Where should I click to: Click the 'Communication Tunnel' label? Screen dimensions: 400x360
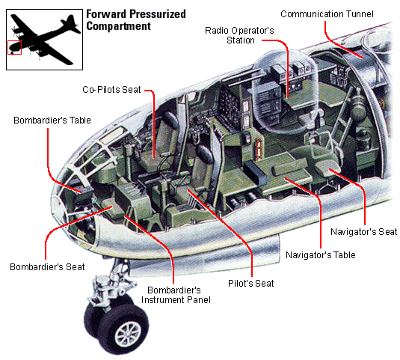pos(327,14)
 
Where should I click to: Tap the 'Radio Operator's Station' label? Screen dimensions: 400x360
pos(239,35)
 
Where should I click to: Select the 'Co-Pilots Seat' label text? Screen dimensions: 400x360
pos(111,90)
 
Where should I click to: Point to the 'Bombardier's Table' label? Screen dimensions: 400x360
pos(52,120)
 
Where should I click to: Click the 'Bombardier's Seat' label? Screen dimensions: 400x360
pos(47,266)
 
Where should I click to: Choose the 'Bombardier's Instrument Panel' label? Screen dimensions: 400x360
pos(176,295)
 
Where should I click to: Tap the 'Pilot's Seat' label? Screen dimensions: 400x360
pos(250,284)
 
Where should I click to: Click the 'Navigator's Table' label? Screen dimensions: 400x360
pos(321,254)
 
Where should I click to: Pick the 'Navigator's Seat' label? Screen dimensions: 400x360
pos(364,232)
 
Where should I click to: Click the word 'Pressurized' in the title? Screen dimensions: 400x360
pos(150,14)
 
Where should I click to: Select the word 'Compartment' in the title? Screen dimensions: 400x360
pos(119,26)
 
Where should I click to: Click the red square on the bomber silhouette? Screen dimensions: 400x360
pos(14,47)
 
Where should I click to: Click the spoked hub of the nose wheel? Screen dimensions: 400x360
pos(128,335)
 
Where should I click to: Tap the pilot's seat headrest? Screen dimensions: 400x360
pos(205,153)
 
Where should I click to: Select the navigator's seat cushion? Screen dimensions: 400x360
pos(327,168)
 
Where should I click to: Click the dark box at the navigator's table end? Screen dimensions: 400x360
pos(255,173)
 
